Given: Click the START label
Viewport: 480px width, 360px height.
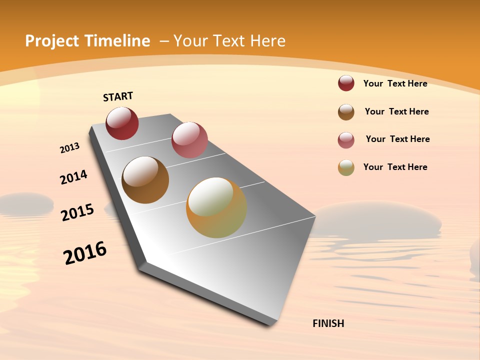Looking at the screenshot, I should tap(118, 96).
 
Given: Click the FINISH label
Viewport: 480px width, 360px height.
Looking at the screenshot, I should tap(328, 323).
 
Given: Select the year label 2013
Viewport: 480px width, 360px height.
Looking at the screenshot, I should tap(70, 148).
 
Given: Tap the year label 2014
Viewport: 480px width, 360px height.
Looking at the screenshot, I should tap(74, 177).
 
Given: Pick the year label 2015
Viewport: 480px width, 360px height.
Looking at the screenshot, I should tap(77, 212).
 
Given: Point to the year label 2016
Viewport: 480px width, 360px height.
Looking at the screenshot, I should tap(85, 252).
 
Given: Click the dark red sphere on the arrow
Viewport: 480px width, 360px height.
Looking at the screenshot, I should tap(122, 123).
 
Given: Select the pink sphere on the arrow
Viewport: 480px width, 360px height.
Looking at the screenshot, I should tap(189, 140).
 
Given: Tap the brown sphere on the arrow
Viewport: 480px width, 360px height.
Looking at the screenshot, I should tap(145, 180).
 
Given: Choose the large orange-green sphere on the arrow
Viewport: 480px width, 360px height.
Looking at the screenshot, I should tap(216, 207).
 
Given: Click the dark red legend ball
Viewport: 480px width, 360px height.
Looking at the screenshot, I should tap(346, 83).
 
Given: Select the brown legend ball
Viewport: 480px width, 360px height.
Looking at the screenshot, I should tap(346, 111).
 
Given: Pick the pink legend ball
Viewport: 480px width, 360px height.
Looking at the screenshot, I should tap(346, 139).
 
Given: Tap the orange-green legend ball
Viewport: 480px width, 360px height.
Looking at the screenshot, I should tap(346, 167).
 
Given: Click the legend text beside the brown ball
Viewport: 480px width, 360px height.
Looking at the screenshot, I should tap(396, 111).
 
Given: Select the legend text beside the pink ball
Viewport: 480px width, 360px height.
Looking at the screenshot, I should tap(397, 139).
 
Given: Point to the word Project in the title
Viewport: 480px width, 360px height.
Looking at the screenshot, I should tap(52, 41).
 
